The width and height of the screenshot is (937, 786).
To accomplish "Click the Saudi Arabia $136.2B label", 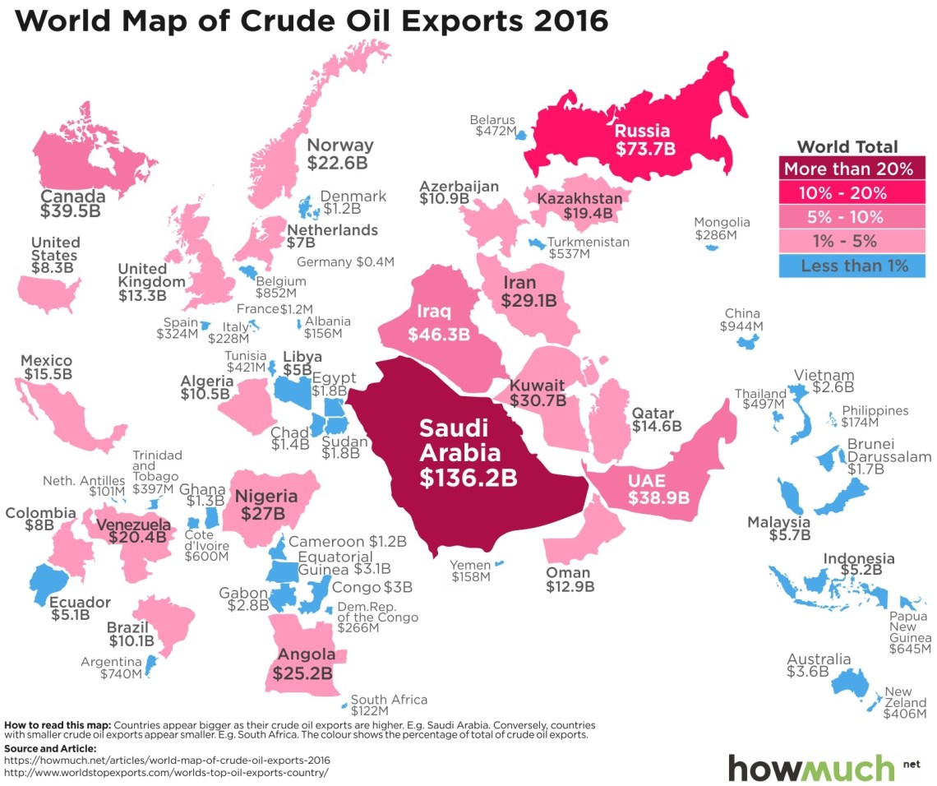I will coord(459,454).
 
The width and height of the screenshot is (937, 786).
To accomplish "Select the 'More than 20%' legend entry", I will coord(847,169).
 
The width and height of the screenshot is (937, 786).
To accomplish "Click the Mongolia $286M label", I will coord(722,229).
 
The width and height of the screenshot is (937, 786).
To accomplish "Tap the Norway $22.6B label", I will coord(339,154).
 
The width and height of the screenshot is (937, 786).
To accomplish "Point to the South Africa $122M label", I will coord(389,705).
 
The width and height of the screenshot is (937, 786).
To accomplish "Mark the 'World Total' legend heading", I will coord(847,147).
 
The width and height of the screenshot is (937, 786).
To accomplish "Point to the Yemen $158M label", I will coord(470,571).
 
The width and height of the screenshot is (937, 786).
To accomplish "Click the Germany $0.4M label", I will coord(345,262).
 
